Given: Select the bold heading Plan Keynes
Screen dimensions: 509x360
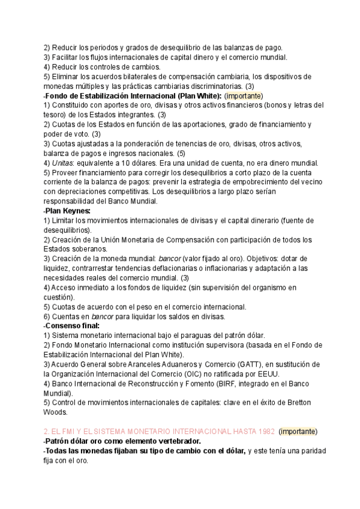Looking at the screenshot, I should [x=68, y=211].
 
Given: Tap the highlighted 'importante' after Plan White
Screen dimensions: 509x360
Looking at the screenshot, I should [x=244, y=95].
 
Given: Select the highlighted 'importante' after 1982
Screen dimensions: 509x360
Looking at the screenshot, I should [x=298, y=432].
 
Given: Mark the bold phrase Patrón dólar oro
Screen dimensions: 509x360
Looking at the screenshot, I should [x=76, y=441].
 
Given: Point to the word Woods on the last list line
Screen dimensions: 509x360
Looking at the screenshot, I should [x=55, y=412].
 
